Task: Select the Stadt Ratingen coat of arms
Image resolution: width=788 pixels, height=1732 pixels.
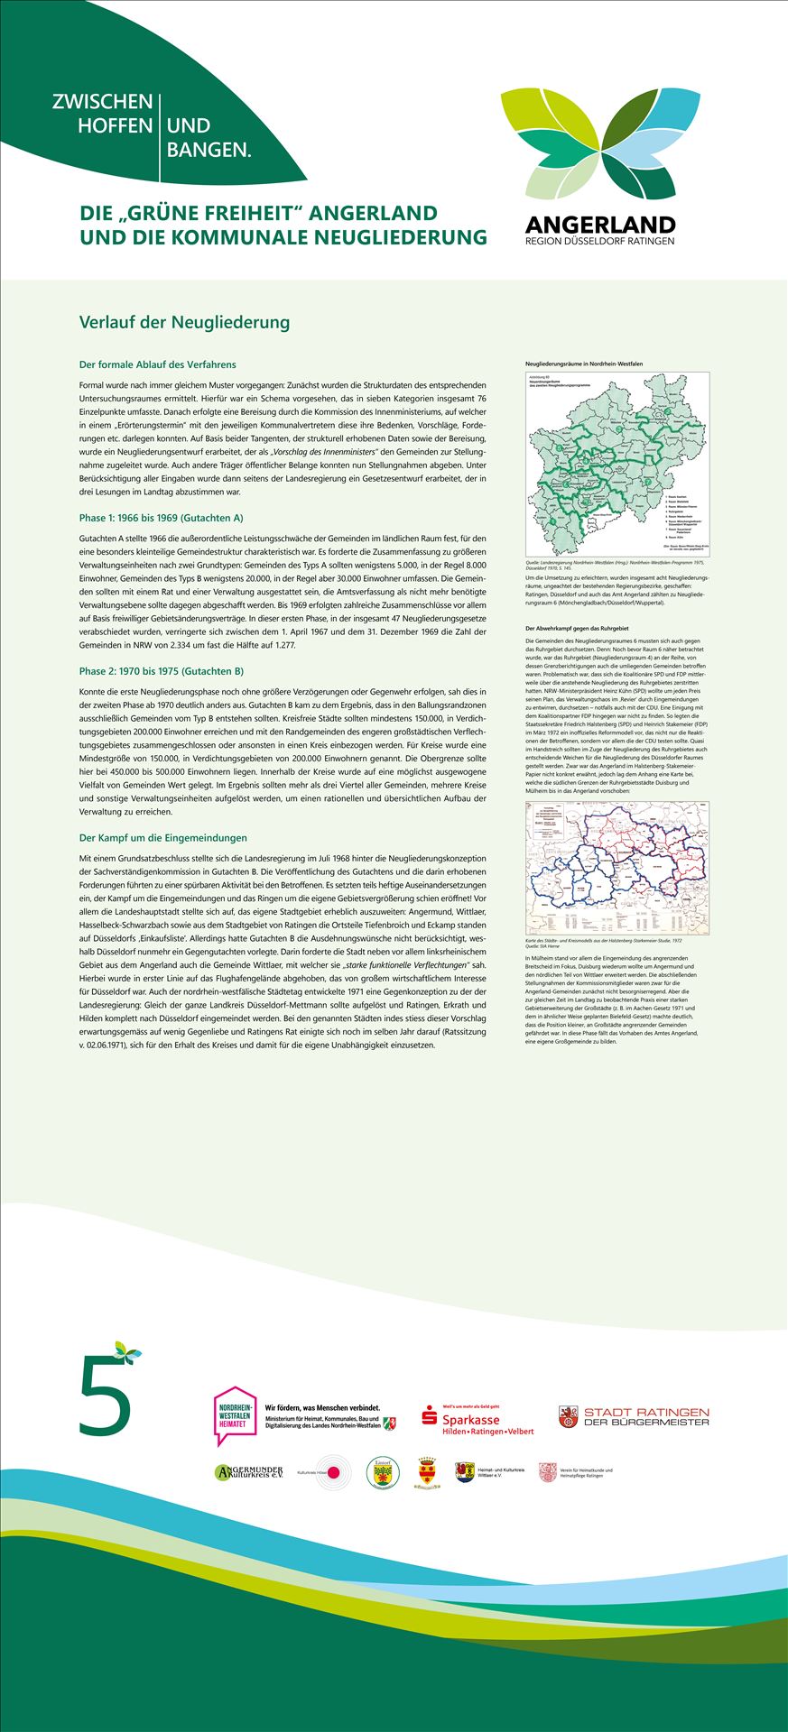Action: click(568, 1416)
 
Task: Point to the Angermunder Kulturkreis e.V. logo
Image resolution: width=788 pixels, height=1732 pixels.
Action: click(249, 1472)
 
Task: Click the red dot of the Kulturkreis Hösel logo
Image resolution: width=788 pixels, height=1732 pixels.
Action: click(334, 1473)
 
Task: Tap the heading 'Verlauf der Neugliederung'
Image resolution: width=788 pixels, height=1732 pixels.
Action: click(184, 322)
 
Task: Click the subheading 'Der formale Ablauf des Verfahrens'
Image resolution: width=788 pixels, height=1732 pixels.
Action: click(158, 364)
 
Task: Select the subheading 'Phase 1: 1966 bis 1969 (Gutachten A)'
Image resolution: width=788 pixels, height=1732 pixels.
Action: click(161, 518)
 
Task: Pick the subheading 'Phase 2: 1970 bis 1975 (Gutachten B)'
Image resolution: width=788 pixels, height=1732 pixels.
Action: click(161, 671)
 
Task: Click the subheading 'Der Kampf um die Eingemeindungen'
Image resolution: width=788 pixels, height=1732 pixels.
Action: click(162, 838)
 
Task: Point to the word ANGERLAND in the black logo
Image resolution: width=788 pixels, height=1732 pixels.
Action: click(600, 225)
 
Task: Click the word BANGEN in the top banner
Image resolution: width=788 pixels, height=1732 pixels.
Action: click(209, 150)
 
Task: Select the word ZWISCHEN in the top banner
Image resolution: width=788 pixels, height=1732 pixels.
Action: click(102, 102)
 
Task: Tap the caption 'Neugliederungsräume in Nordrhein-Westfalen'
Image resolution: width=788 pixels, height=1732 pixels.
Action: click(584, 364)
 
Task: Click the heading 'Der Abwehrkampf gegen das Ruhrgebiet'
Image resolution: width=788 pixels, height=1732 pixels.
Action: click(576, 628)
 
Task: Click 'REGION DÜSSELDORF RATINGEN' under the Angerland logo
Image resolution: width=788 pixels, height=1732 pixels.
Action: click(600, 241)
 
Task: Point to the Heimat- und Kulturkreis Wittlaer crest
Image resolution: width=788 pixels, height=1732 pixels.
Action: click(464, 1472)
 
